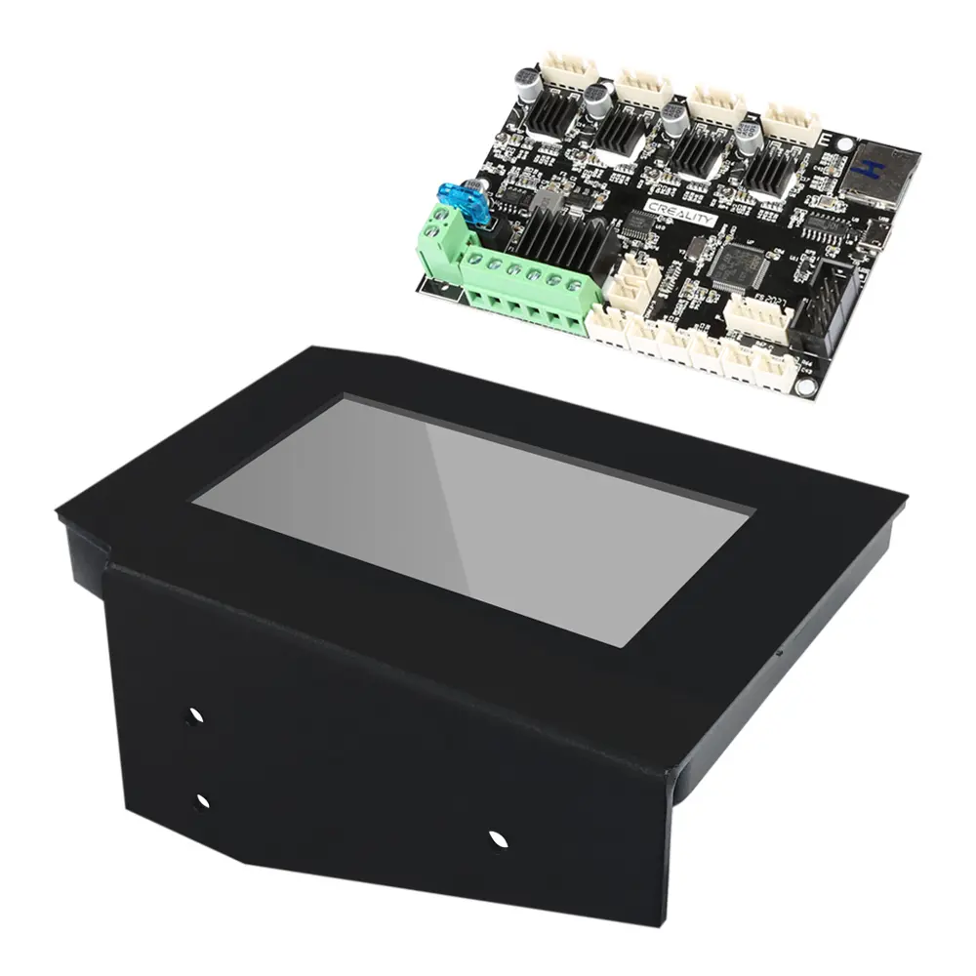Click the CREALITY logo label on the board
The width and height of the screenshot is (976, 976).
pos(681,213)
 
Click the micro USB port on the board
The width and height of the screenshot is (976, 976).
pos(881,237)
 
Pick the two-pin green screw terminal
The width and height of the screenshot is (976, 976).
pos(441,239)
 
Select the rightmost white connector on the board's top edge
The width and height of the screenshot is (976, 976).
pos(790,122)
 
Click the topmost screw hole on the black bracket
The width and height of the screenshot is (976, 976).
pos(194,715)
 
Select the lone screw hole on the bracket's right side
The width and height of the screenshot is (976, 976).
pos(498,837)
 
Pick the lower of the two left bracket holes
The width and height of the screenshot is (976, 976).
pos(201,802)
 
